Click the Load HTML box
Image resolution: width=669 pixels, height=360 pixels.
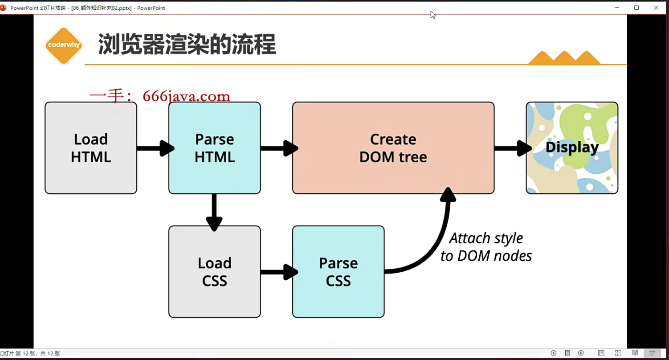click(91, 148)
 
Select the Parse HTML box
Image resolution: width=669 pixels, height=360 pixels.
click(214, 148)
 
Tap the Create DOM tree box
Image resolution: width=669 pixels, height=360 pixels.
click(393, 148)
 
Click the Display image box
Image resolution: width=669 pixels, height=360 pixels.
click(572, 148)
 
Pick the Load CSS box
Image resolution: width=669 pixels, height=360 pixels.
click(214, 272)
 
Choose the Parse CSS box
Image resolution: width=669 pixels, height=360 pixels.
click(338, 272)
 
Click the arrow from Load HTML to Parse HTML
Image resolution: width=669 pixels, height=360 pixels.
click(154, 148)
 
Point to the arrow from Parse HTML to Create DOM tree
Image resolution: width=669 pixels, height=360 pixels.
click(278, 148)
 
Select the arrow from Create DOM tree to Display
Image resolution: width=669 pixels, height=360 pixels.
click(511, 148)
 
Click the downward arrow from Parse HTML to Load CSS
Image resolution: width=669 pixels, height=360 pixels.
click(214, 211)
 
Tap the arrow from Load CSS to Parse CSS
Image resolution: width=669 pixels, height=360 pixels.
click(278, 272)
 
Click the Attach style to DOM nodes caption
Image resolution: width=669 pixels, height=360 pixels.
click(486, 247)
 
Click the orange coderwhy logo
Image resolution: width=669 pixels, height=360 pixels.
click(64, 45)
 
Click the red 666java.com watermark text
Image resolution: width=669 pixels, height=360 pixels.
click(160, 96)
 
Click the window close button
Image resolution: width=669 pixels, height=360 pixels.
click(656, 8)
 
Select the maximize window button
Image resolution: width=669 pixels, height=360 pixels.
click(636, 8)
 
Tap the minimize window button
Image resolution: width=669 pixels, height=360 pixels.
click(617, 8)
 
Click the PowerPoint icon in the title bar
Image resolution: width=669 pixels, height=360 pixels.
click(3, 8)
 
